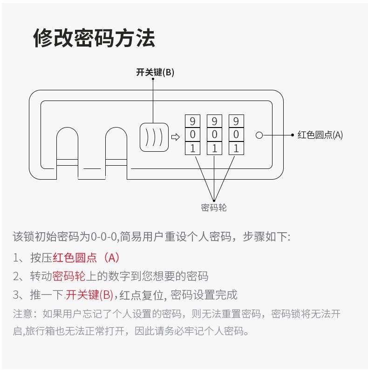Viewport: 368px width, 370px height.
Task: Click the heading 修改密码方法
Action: pyautogui.click(x=94, y=38)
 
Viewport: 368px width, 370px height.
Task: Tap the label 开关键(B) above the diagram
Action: pyautogui.click(x=155, y=72)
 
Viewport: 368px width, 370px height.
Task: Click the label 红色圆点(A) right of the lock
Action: pyautogui.click(x=320, y=135)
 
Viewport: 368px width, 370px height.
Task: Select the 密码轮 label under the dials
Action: pyautogui.click(x=214, y=208)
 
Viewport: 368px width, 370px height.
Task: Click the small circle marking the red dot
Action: pyautogui.click(x=259, y=135)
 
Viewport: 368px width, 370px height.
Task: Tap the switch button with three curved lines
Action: pyautogui.click(x=154, y=136)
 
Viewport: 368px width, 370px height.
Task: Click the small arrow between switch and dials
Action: pyautogui.click(x=176, y=137)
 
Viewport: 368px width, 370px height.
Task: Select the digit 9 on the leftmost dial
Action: pyautogui.click(x=192, y=122)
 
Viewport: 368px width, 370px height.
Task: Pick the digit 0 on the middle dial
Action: pyautogui.click(x=214, y=135)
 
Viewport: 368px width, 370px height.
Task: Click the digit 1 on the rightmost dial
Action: pyautogui.click(x=236, y=149)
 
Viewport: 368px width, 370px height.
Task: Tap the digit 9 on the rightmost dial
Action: pyautogui.click(x=236, y=122)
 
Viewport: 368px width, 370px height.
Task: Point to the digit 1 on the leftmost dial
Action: pyautogui.click(x=192, y=149)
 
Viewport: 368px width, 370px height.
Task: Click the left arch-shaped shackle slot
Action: pyautogui.click(x=68, y=149)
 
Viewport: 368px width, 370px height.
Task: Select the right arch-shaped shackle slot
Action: pyautogui.click(x=116, y=149)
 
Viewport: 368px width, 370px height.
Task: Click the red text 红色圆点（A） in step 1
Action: pyautogui.click(x=86, y=257)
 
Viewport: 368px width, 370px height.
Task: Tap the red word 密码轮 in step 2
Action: pyautogui.click(x=68, y=276)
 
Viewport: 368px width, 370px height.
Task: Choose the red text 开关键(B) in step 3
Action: pyautogui.click(x=89, y=295)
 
